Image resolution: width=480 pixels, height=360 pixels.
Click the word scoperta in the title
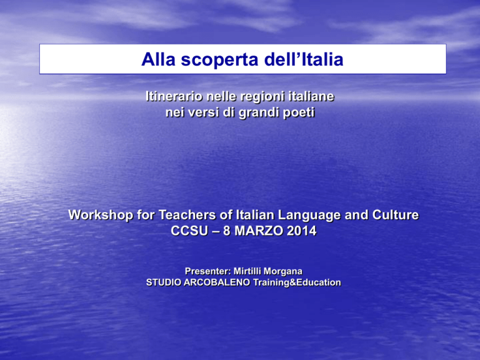coord(219,60)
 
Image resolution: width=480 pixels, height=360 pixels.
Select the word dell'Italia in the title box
coord(304,59)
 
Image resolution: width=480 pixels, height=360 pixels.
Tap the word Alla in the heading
coord(158,59)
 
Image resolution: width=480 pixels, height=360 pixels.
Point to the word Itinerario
coord(174,96)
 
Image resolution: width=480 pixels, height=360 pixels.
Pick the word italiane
coord(312,96)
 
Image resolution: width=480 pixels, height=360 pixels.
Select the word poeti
coord(299,112)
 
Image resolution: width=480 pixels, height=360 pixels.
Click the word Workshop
coord(101,215)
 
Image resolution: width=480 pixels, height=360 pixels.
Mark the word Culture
coord(395,215)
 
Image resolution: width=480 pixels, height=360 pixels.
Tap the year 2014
coord(301,231)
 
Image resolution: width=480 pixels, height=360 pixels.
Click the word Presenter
coord(207,271)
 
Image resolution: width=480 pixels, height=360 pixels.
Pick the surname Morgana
coord(283,272)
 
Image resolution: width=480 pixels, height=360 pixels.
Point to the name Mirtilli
coord(247,271)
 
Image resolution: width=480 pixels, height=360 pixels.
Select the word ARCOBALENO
coord(217,282)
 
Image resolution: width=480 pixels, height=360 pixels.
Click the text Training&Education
coord(297,282)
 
